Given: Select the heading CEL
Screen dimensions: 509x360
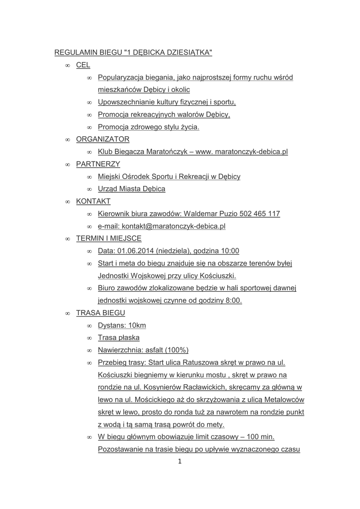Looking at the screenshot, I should tap(83, 65).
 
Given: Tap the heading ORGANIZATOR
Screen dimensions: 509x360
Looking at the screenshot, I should tap(102, 139).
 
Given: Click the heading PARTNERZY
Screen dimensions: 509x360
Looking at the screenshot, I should tap(98, 164).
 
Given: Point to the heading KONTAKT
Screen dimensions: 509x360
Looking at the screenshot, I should tap(93, 201).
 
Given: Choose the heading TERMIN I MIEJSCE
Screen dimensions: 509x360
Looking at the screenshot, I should tap(108, 239).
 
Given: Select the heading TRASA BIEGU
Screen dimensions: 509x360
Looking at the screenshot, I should tap(100, 313).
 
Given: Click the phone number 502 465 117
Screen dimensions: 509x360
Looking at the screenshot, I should tap(260, 214).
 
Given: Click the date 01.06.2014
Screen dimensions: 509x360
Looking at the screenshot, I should tap(135, 251).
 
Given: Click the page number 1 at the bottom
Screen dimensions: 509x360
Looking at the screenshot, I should tap(180, 461).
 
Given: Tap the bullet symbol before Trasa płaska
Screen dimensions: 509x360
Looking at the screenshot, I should tap(90, 338).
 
